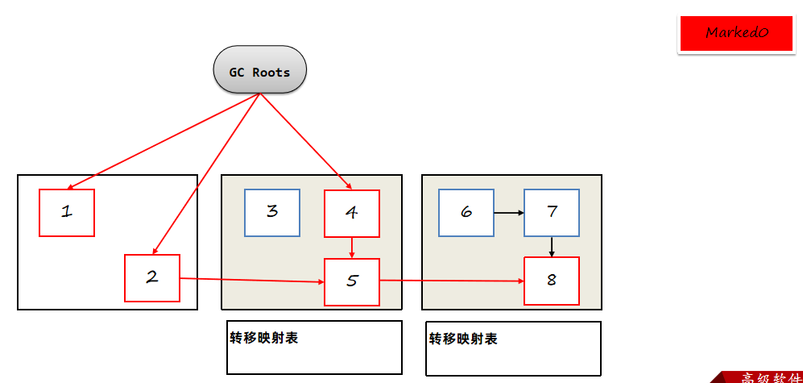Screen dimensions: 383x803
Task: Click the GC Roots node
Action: click(259, 72)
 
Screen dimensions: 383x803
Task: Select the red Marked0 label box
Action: click(737, 33)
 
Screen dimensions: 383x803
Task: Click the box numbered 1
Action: click(67, 213)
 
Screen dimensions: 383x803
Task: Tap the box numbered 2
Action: click(151, 278)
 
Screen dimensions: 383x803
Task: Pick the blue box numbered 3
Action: click(272, 213)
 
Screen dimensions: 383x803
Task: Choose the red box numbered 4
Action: click(351, 213)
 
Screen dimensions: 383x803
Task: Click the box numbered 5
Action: click(351, 281)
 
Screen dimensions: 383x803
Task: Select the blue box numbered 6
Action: click(466, 213)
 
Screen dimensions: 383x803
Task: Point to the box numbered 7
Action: click(551, 213)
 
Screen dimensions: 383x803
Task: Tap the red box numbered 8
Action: click(551, 281)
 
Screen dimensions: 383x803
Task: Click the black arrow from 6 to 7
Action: click(508, 213)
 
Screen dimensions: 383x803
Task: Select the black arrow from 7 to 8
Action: click(552, 246)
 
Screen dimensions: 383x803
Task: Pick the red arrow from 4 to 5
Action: click(352, 248)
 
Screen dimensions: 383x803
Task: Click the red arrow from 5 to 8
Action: click(451, 281)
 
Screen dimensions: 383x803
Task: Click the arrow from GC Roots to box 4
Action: click(302, 139)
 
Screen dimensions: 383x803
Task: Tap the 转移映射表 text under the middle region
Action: click(263, 338)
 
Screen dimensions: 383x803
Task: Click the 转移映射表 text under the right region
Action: click(463, 339)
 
